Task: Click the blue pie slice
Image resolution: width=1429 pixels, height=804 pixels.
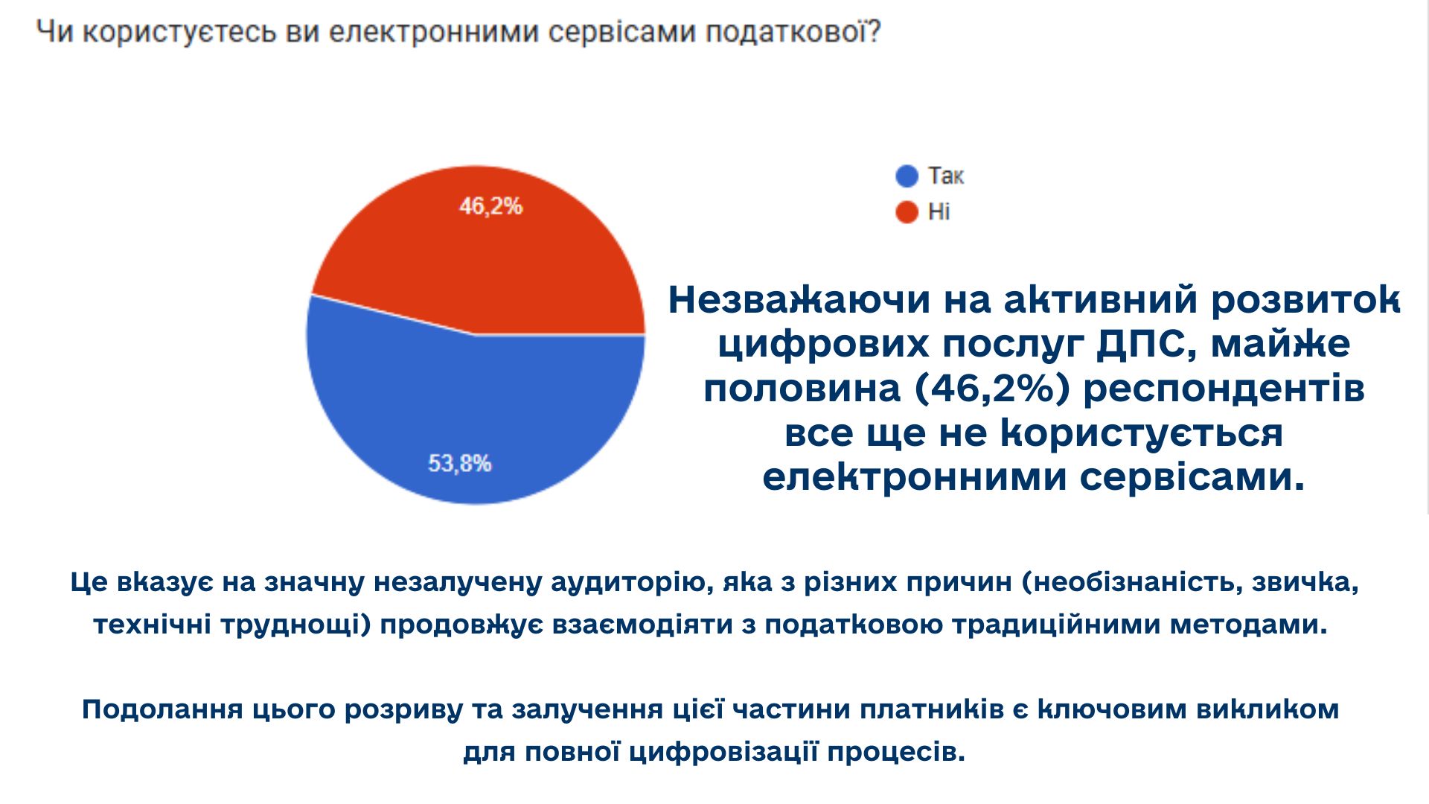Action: click(x=476, y=417)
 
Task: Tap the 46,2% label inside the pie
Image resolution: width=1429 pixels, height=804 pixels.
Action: click(x=490, y=206)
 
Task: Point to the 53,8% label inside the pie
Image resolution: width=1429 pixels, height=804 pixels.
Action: click(x=459, y=464)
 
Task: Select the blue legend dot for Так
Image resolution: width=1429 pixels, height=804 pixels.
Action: click(x=907, y=176)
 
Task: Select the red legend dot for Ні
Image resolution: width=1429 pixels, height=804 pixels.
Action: click(x=907, y=212)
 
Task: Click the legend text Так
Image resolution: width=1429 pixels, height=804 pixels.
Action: click(x=945, y=176)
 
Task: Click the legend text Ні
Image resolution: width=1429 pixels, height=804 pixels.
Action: click(x=939, y=212)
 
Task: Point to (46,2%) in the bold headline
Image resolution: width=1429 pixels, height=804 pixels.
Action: click(x=993, y=389)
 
